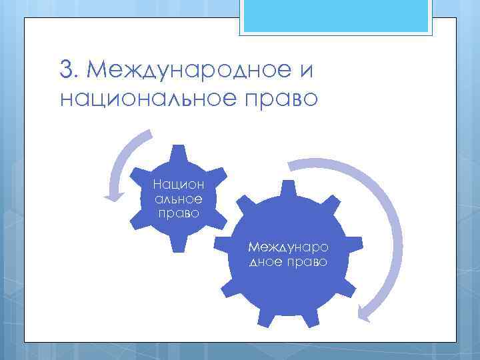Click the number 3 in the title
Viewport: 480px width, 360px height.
[x=66, y=69]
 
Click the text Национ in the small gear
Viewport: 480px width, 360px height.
[x=178, y=183]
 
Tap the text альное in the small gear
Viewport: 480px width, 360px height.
[x=178, y=198]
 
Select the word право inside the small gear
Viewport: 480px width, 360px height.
[x=178, y=213]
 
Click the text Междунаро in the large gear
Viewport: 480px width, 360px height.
[x=289, y=248]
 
